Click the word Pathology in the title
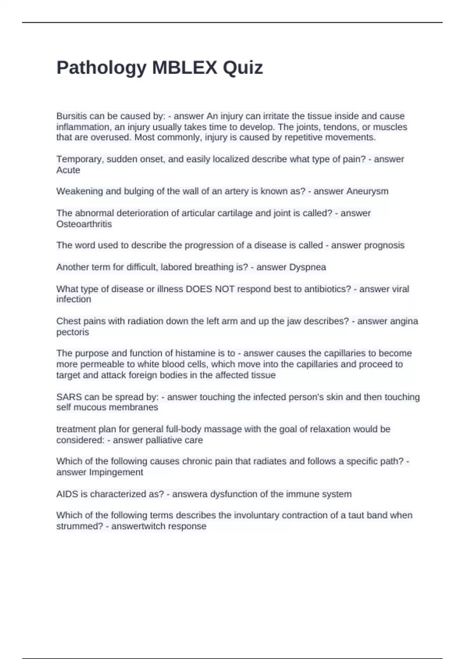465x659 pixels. [101, 68]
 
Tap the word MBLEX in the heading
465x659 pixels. [184, 68]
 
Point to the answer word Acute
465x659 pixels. [68, 170]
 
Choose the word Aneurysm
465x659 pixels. [367, 191]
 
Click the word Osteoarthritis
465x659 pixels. [84, 224]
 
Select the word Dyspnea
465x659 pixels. [308, 267]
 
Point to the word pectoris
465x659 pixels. [72, 332]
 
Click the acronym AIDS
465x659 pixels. [67, 494]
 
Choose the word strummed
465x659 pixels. [76, 526]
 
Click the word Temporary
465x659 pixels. [80, 159]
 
